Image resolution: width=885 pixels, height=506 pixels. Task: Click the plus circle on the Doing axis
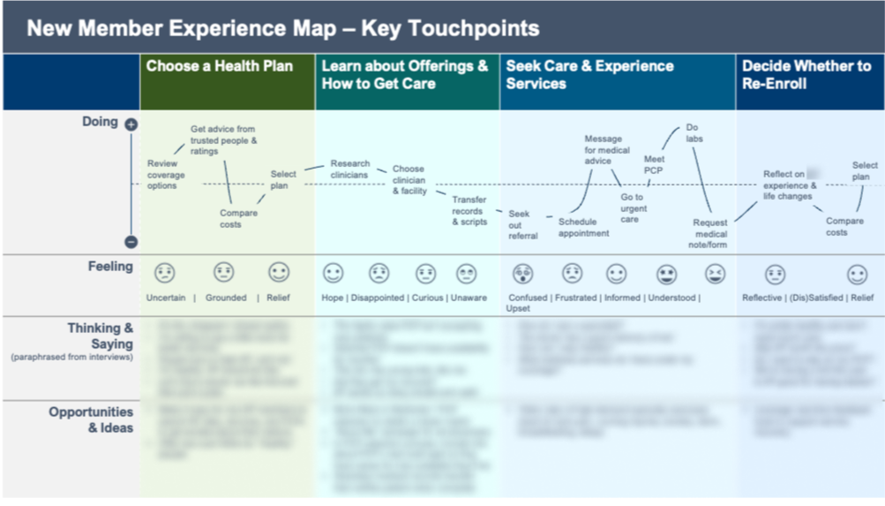point(131,125)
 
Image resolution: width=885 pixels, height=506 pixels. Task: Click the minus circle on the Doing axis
point(131,241)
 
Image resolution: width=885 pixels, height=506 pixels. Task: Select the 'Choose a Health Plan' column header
point(219,66)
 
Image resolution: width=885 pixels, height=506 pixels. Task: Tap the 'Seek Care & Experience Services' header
point(589,75)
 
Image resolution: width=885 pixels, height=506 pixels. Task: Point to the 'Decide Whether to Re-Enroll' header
point(806,75)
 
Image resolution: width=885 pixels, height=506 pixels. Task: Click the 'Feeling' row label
point(110,267)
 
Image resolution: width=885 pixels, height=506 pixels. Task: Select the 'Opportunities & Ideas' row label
point(92,419)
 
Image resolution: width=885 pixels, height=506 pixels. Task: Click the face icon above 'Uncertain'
point(165,273)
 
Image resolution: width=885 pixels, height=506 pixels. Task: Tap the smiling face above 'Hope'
point(333,273)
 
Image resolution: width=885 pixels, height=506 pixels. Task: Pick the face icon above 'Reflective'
point(775,274)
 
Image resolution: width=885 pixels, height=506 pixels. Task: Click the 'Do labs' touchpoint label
point(694,133)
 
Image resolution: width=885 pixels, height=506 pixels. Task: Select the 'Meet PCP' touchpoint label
point(654,164)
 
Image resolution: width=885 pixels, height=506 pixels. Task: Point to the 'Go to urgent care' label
point(634,208)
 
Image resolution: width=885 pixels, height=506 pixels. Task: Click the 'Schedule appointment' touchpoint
point(583,228)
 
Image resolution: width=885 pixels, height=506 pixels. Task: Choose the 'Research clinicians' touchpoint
point(349,169)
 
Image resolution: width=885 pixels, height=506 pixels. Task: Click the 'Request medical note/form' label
point(710,234)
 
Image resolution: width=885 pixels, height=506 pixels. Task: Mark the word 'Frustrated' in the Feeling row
point(575,298)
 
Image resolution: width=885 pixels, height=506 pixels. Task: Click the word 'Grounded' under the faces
point(226,298)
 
